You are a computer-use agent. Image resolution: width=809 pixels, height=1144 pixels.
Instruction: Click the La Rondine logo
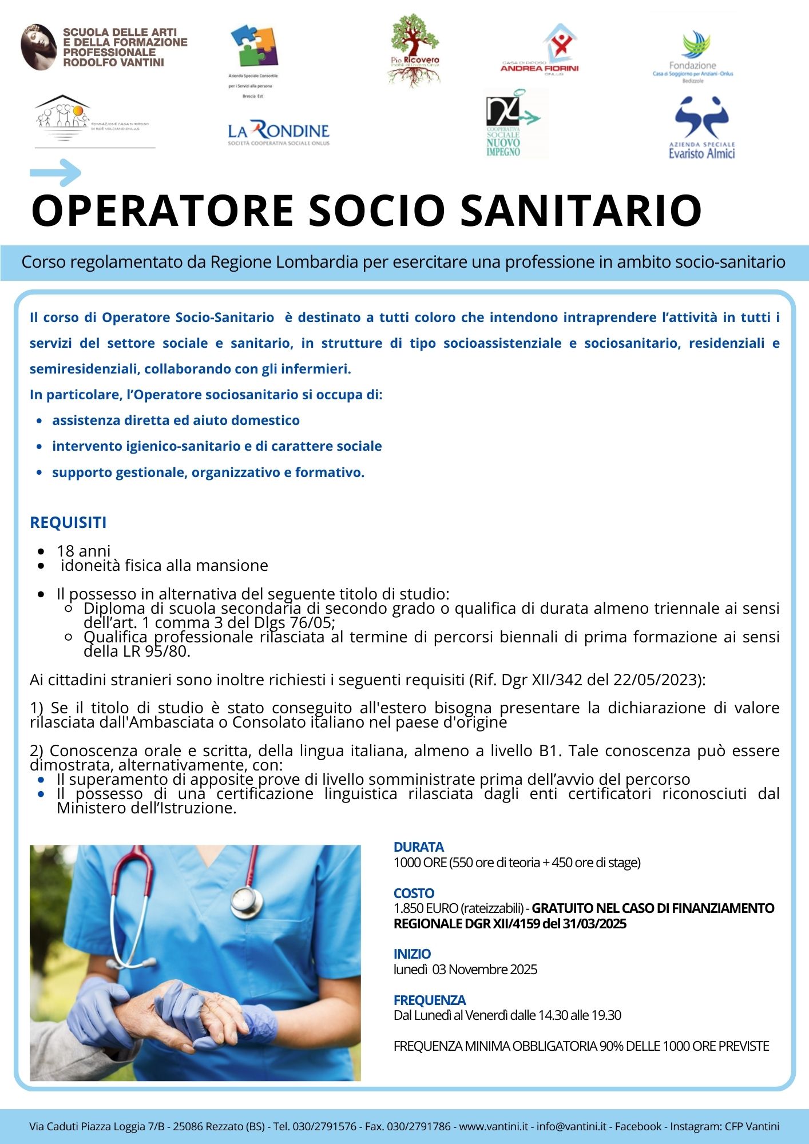point(279,133)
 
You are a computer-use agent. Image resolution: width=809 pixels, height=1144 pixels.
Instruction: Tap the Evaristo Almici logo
point(701,128)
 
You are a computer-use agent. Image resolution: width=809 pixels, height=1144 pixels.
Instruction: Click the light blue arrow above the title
point(55,172)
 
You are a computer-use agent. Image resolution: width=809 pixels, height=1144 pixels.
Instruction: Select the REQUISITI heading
point(68,522)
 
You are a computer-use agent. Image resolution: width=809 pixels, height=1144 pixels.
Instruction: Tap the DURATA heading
point(418,847)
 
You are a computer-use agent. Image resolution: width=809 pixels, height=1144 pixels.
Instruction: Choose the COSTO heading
point(414,893)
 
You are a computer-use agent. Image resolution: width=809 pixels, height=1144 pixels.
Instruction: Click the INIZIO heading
point(412,954)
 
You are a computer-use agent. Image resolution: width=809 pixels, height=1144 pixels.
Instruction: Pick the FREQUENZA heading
point(430,1000)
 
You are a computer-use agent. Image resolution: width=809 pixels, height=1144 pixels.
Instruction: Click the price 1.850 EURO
point(426,908)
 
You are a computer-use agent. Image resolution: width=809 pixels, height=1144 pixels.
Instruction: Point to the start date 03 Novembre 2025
point(485,969)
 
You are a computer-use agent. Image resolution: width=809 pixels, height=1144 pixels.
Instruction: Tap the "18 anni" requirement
point(84,550)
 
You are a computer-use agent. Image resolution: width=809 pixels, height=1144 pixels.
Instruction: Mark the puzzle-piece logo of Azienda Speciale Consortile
point(254,45)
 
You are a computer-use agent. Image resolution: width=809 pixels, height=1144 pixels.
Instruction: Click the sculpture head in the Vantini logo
point(38,47)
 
